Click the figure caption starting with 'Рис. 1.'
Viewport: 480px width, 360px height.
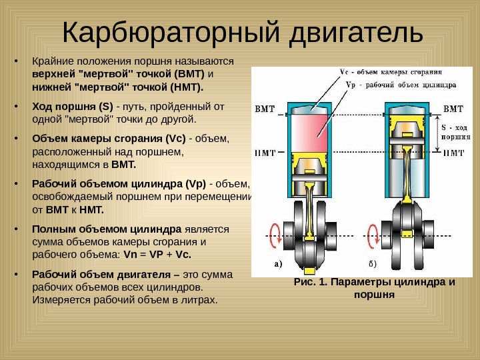375,287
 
